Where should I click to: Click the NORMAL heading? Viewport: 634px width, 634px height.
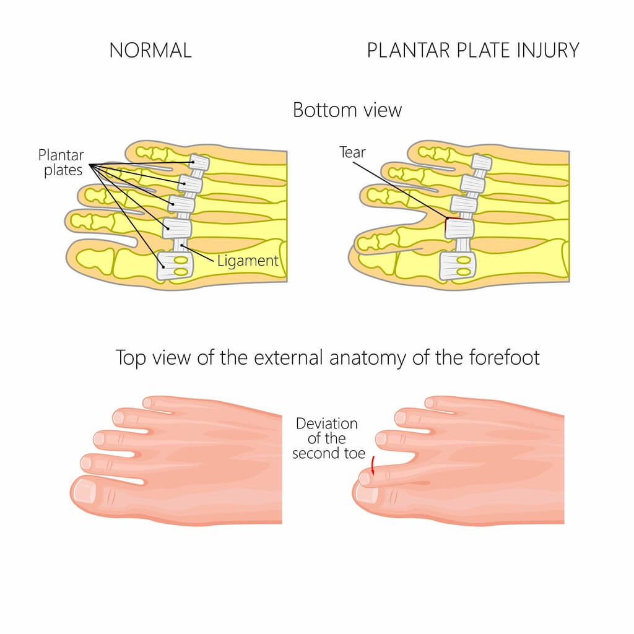(x=150, y=50)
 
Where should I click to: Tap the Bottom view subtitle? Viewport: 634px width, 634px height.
(x=347, y=110)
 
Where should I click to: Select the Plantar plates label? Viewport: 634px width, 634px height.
(x=61, y=162)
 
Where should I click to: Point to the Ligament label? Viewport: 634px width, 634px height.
(x=248, y=261)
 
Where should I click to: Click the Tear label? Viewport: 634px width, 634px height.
(x=352, y=152)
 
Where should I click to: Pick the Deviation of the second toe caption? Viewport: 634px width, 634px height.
(x=326, y=438)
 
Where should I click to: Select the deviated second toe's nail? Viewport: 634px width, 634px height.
(x=365, y=478)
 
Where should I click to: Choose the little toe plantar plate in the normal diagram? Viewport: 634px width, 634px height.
(x=200, y=163)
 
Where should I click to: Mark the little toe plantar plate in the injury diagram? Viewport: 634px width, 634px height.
(x=481, y=163)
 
